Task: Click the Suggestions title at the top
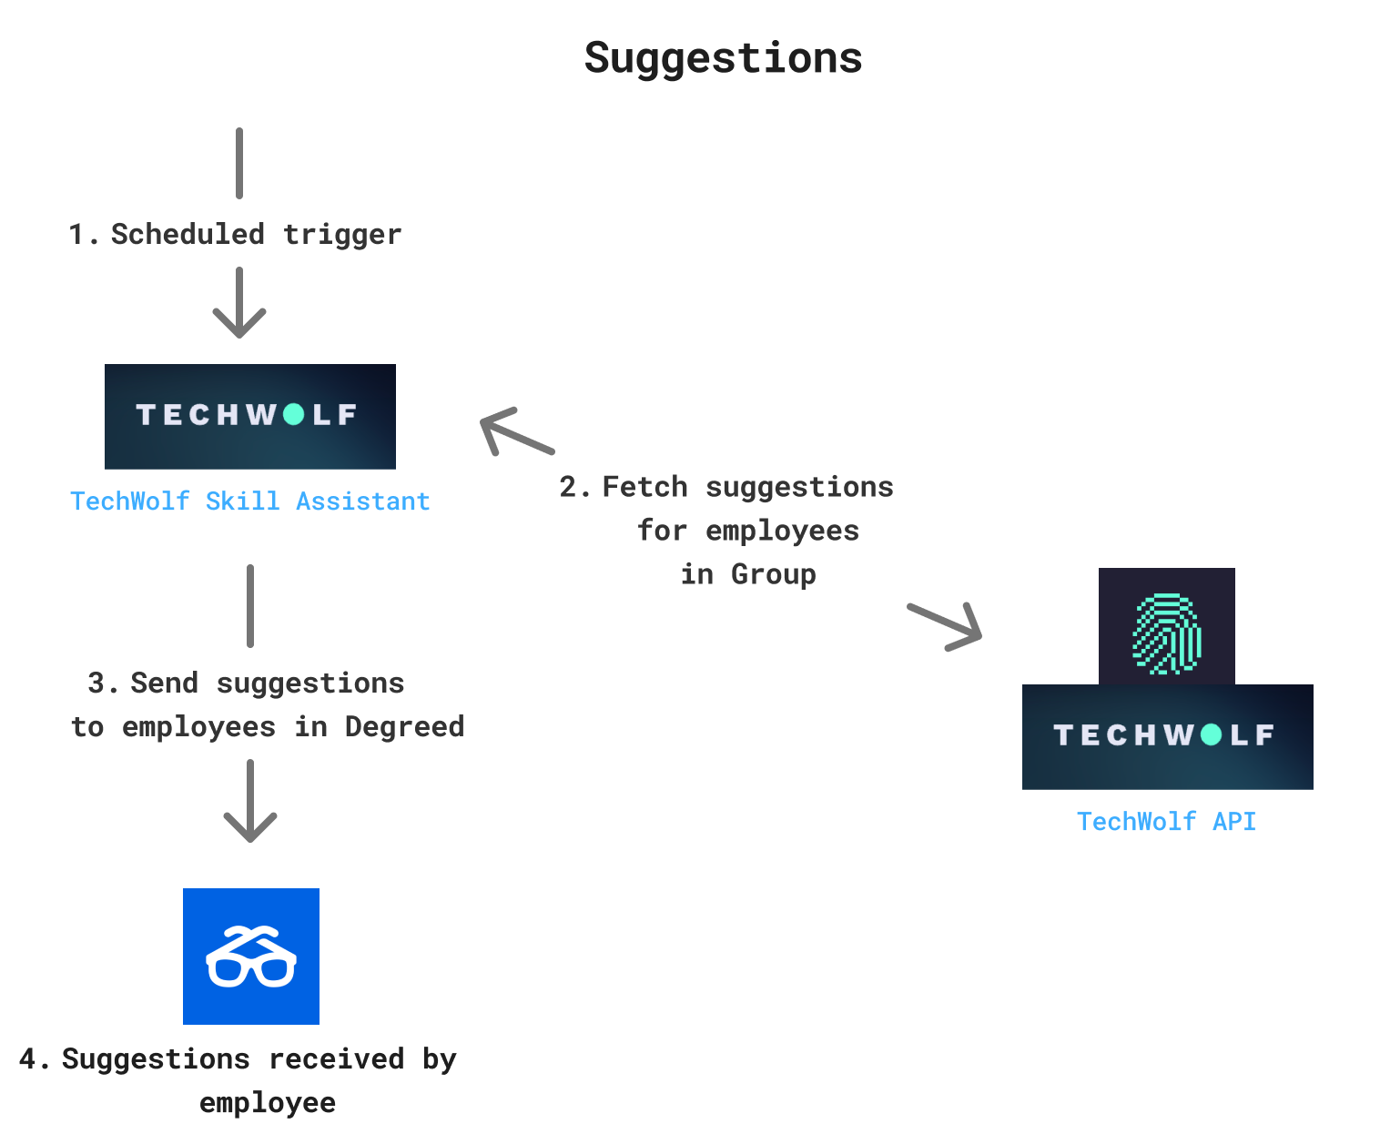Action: pos(723,58)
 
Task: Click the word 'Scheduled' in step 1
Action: pos(188,234)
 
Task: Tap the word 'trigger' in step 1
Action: pos(342,234)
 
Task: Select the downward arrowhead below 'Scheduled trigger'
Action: pos(239,320)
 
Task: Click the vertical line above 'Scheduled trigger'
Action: pos(239,163)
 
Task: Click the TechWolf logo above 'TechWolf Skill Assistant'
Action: pos(249,417)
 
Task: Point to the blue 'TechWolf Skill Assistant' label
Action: pos(249,501)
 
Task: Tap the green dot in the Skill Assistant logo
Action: pos(293,415)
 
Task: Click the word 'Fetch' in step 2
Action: pos(644,487)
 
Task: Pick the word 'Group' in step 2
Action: pos(773,574)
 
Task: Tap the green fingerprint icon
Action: pos(1166,633)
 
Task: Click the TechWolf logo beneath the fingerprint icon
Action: pos(1167,736)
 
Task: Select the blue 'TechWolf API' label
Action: pos(1166,822)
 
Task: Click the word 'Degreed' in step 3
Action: pos(404,726)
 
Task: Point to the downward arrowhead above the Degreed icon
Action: pos(250,824)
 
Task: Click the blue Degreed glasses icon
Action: pos(251,957)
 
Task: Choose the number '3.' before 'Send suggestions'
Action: pos(103,683)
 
